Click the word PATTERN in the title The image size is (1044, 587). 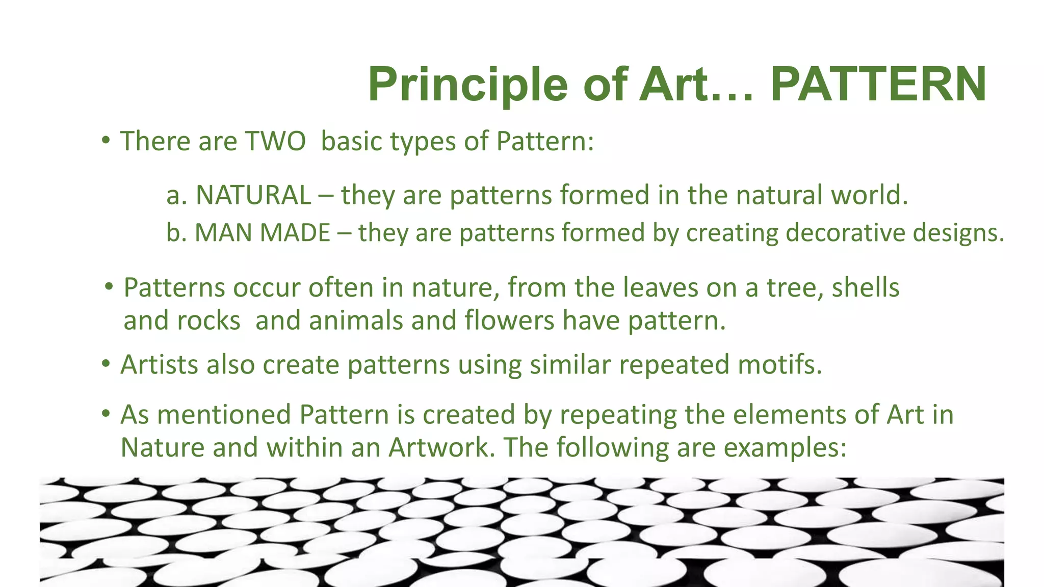878,85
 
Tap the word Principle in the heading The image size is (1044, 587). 467,85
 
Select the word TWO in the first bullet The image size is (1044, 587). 275,141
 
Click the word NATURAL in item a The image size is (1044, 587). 253,195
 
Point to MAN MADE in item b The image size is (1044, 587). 263,233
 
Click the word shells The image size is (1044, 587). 865,288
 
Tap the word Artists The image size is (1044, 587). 159,365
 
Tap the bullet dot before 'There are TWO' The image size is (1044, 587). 105,140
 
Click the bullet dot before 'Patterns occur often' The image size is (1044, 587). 109,287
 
